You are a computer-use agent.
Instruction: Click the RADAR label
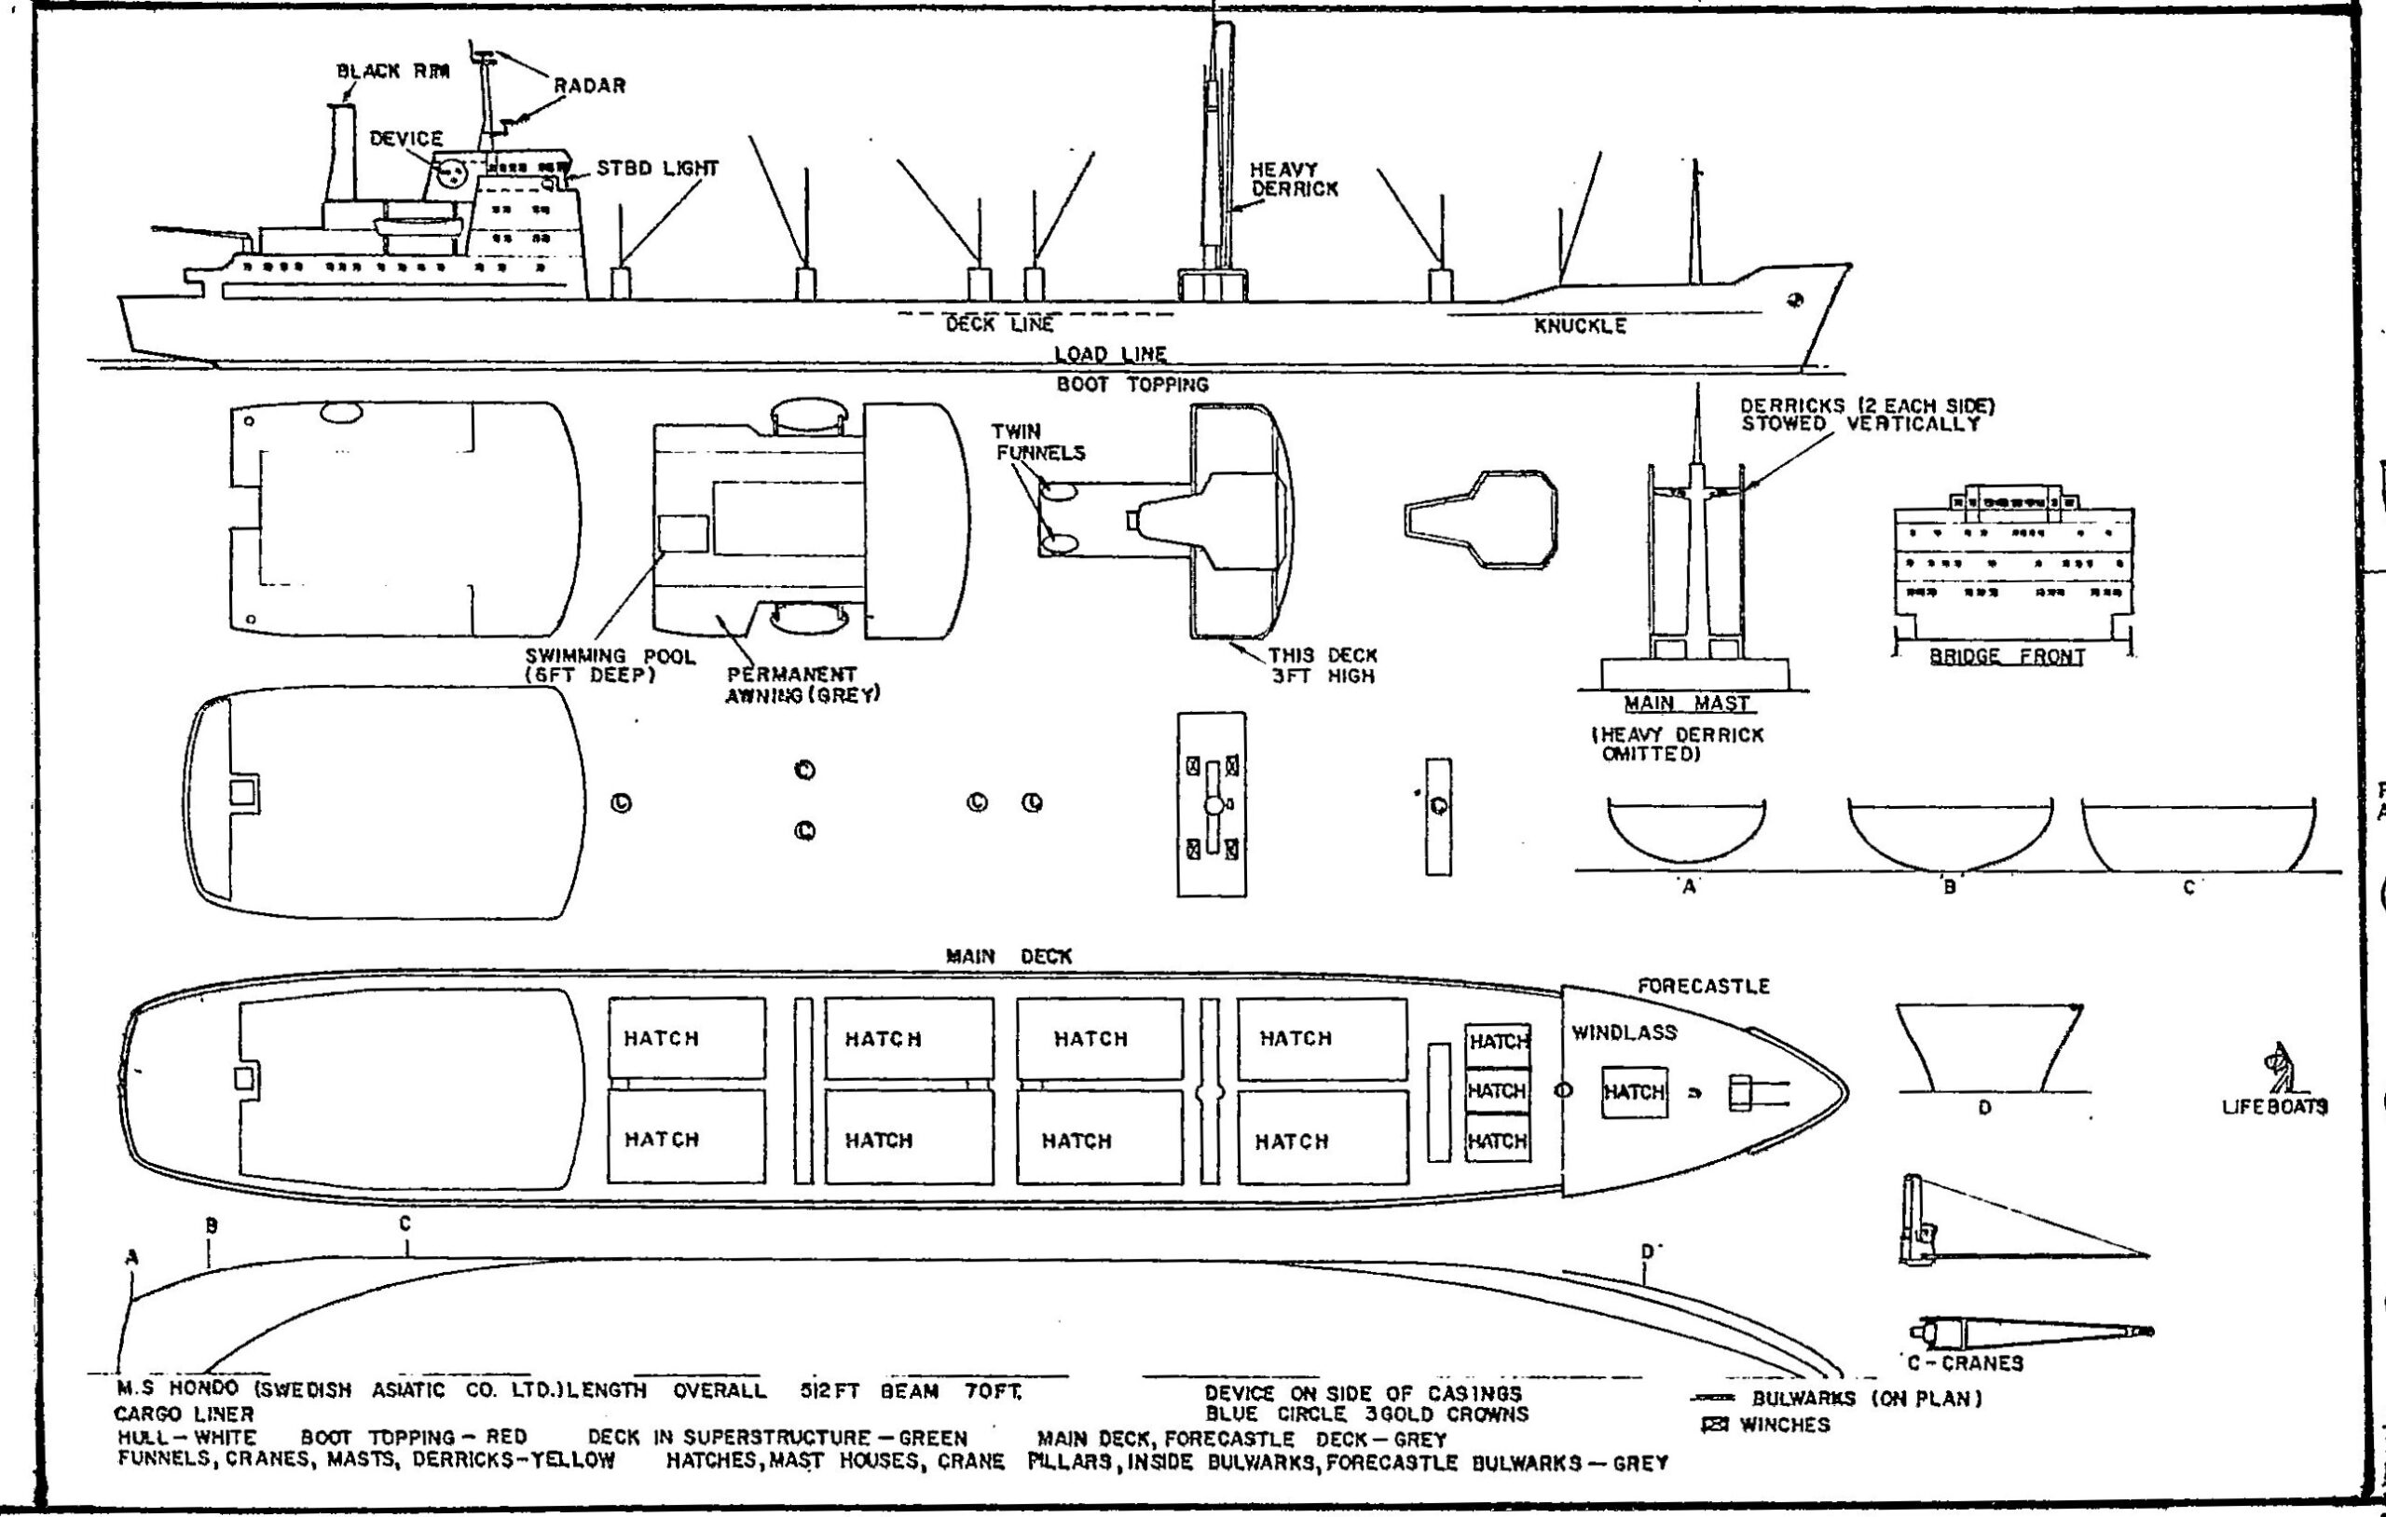pyautogui.click(x=590, y=87)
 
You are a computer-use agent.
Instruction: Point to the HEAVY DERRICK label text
pyautogui.click(x=1294, y=179)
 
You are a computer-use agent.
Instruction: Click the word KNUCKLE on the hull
pyautogui.click(x=1580, y=326)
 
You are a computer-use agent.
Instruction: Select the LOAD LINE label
pyautogui.click(x=1110, y=354)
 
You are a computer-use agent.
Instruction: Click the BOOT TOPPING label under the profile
pyautogui.click(x=1132, y=385)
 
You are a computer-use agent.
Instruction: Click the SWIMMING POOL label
pyautogui.click(x=610, y=665)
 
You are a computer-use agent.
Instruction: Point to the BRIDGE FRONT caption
pyautogui.click(x=2007, y=656)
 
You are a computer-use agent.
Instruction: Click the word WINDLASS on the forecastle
pyautogui.click(x=1624, y=1032)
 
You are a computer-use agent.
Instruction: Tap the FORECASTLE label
pyautogui.click(x=1704, y=986)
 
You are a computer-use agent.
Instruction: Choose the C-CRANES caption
pyautogui.click(x=1965, y=1363)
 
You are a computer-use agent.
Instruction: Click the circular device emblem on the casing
pyautogui.click(x=453, y=174)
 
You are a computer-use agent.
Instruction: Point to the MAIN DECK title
pyautogui.click(x=1008, y=957)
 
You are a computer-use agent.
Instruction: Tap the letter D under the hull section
pyautogui.click(x=1983, y=1108)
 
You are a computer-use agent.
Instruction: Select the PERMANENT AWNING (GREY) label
pyautogui.click(x=802, y=685)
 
